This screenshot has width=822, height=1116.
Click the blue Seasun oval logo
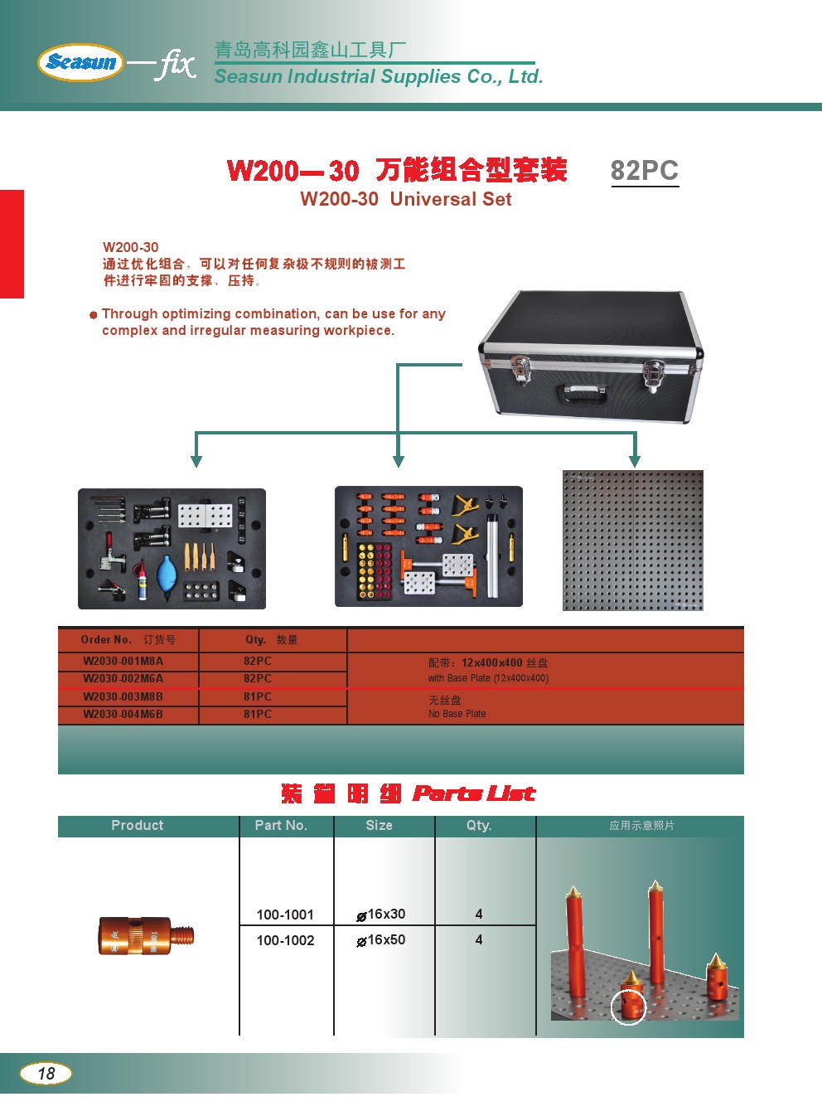pyautogui.click(x=80, y=62)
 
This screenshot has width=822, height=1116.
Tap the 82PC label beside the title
pyautogui.click(x=644, y=171)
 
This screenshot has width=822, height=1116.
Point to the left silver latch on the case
pyautogui.click(x=520, y=369)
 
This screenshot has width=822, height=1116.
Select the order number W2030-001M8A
pyautogui.click(x=123, y=661)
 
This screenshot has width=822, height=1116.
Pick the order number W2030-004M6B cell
pyautogui.click(x=123, y=714)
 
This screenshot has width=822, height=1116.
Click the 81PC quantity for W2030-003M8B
pyautogui.click(x=258, y=696)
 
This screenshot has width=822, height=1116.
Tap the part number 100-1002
pyautogui.click(x=285, y=940)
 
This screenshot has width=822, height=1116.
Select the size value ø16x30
pyautogui.click(x=381, y=915)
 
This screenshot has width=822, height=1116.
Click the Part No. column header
pyautogui.click(x=281, y=825)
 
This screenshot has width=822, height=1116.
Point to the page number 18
pyautogui.click(x=46, y=1073)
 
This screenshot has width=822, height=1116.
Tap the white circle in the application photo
pyautogui.click(x=628, y=1007)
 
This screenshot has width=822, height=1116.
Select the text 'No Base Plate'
pyautogui.click(x=457, y=713)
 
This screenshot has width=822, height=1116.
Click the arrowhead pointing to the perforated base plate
pyautogui.click(x=634, y=461)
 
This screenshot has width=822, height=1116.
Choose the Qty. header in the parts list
pyautogui.click(x=479, y=826)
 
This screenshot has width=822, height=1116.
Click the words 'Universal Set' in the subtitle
pyautogui.click(x=451, y=199)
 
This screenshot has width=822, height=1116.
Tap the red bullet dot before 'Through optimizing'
pyautogui.click(x=93, y=315)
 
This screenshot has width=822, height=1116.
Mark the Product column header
pyautogui.click(x=138, y=825)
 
